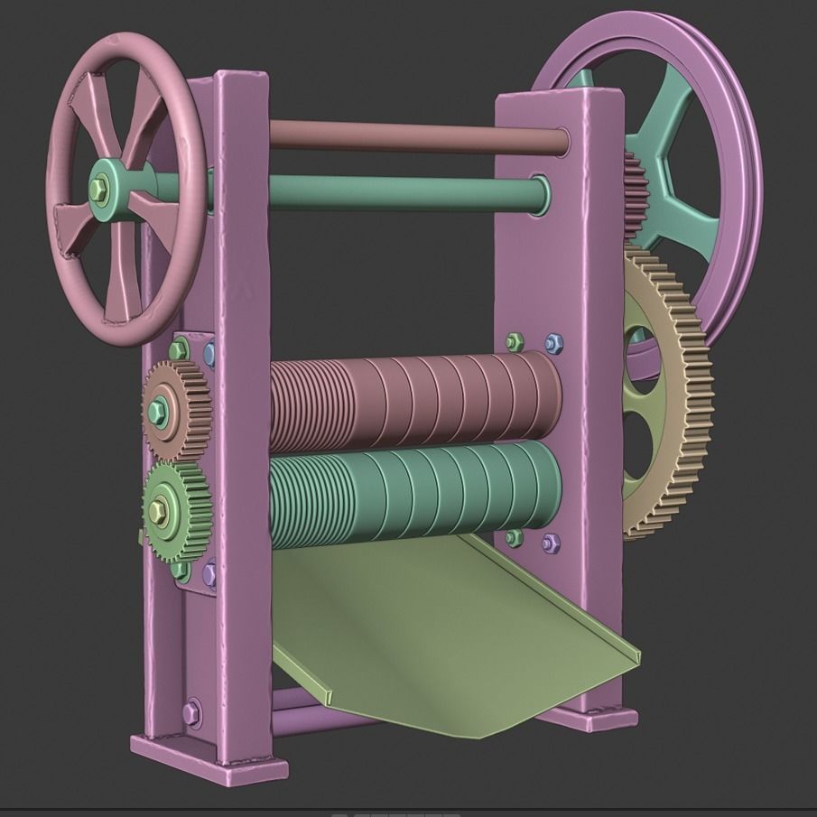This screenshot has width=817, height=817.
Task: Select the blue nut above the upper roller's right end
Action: [x=553, y=344]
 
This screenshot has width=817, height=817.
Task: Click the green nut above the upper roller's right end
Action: [x=514, y=342]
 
